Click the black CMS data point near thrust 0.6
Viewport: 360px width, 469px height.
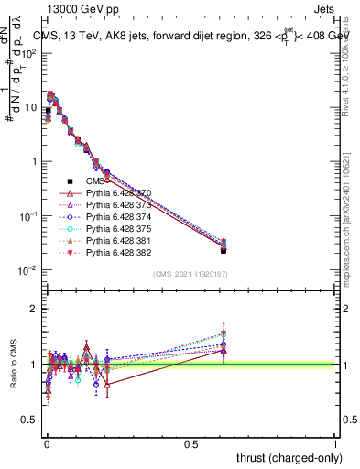(x=224, y=249)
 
